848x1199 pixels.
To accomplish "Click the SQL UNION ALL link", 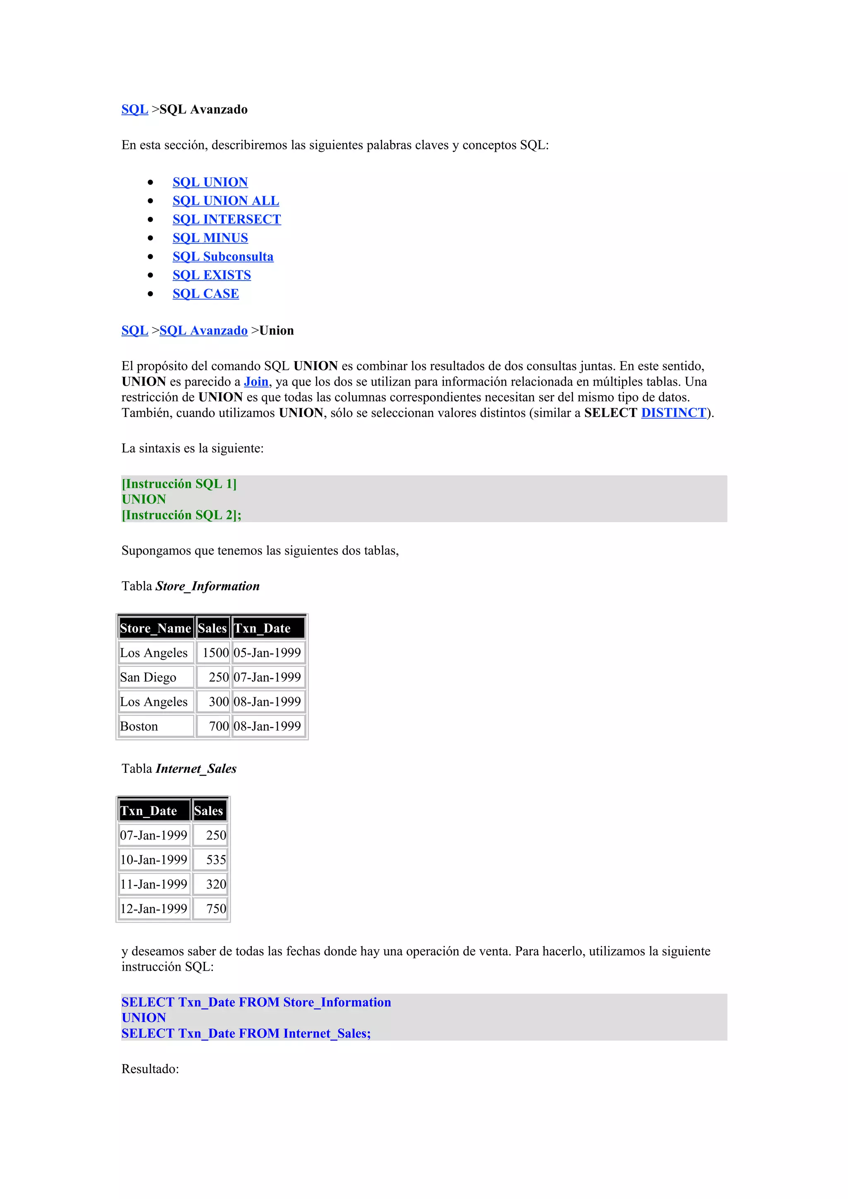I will coord(226,201).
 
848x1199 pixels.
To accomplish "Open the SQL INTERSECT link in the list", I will coord(227,219).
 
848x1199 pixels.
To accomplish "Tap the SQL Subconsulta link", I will coord(223,257).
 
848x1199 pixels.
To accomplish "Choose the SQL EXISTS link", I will coord(212,275).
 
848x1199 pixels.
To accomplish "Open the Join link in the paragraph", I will coord(256,382).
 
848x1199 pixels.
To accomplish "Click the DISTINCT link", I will coord(674,413).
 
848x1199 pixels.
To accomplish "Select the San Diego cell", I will coord(148,677).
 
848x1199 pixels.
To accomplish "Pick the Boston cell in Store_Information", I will coord(139,727).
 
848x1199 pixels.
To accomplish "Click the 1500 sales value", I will coord(215,653).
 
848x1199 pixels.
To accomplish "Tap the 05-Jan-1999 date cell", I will coord(267,653).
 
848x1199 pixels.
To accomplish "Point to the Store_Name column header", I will coord(156,628).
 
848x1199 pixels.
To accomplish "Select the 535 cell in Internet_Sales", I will coord(216,860).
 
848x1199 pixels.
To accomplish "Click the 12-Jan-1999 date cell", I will coord(154,909).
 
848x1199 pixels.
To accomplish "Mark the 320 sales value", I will coord(216,884).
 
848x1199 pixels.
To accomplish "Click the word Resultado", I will coord(150,1069).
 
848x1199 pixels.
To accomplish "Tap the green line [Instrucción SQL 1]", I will coord(179,484).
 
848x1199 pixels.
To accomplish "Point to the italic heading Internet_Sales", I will coord(196,769).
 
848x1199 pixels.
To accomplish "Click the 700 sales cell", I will coord(218,727).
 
